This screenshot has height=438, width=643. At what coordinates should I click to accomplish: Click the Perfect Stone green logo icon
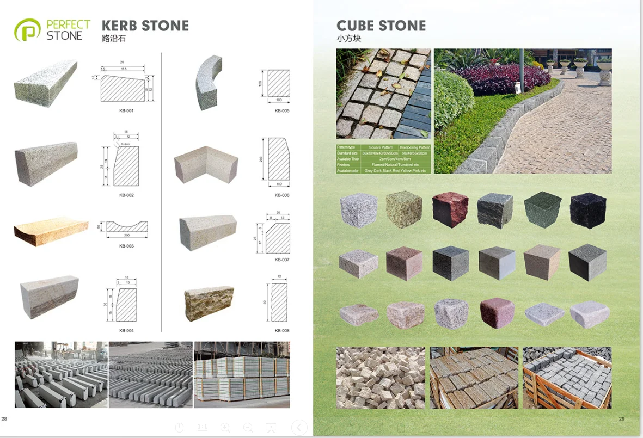point(28,30)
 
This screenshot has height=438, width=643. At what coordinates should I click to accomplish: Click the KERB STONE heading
point(145,26)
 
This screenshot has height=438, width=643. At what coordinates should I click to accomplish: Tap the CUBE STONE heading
point(381,26)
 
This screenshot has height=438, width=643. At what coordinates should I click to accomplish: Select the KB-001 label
point(126,111)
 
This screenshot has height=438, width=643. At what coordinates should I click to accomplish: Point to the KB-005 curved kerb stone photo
point(209,82)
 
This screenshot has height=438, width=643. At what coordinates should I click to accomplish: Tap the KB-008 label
point(282,331)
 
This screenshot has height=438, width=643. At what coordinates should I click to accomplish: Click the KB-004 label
point(126,331)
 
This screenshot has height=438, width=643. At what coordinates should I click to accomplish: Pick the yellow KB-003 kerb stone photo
point(51,231)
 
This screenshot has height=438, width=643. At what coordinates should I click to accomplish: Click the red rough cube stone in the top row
point(450,210)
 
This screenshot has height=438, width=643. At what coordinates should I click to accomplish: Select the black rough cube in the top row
point(587,210)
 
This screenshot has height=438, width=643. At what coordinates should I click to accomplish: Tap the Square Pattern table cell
point(381,147)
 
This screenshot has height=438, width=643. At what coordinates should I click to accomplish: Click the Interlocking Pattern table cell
point(414,147)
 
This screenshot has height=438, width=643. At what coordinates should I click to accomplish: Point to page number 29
point(622,418)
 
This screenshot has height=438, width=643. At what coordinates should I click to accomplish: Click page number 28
point(4,418)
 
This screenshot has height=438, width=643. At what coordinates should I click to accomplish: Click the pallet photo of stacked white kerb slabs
point(242,375)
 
